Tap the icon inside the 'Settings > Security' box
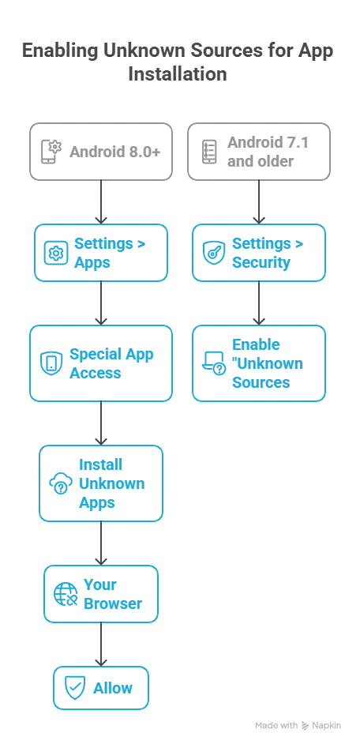(212, 254)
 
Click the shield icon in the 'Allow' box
(71, 688)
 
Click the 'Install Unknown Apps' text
(111, 483)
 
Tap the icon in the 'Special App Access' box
(49, 363)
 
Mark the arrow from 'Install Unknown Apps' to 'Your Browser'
(101, 543)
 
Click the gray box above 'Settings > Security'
(258, 152)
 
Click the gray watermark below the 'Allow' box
(297, 725)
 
